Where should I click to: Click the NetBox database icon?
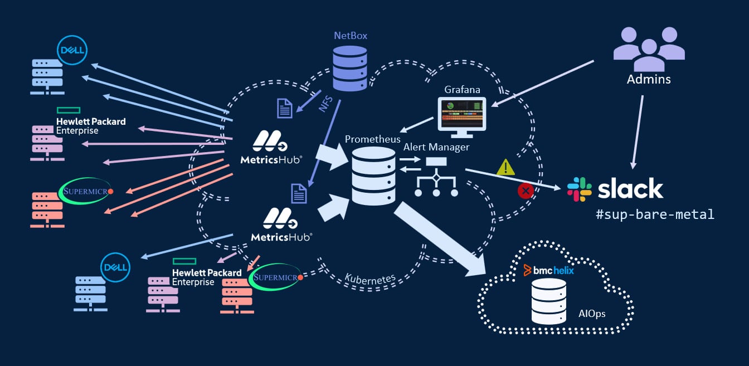(350, 67)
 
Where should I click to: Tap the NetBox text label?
(351, 36)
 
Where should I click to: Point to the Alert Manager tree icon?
(436, 177)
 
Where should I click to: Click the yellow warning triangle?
(505, 167)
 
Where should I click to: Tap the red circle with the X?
(526, 191)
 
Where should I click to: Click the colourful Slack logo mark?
(579, 189)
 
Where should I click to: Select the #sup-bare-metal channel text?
(655, 214)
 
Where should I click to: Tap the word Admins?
(649, 79)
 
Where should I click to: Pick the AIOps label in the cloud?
(591, 314)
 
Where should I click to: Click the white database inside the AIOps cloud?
(548, 301)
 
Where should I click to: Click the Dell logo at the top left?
(72, 51)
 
